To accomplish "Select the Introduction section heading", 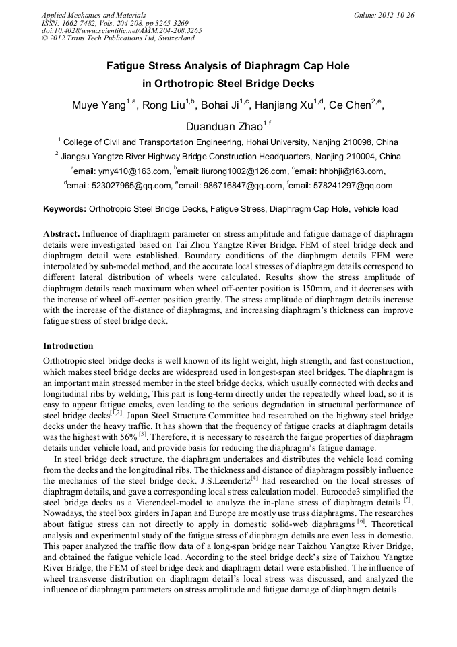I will point(68,345).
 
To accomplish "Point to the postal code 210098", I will point(357,142).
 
